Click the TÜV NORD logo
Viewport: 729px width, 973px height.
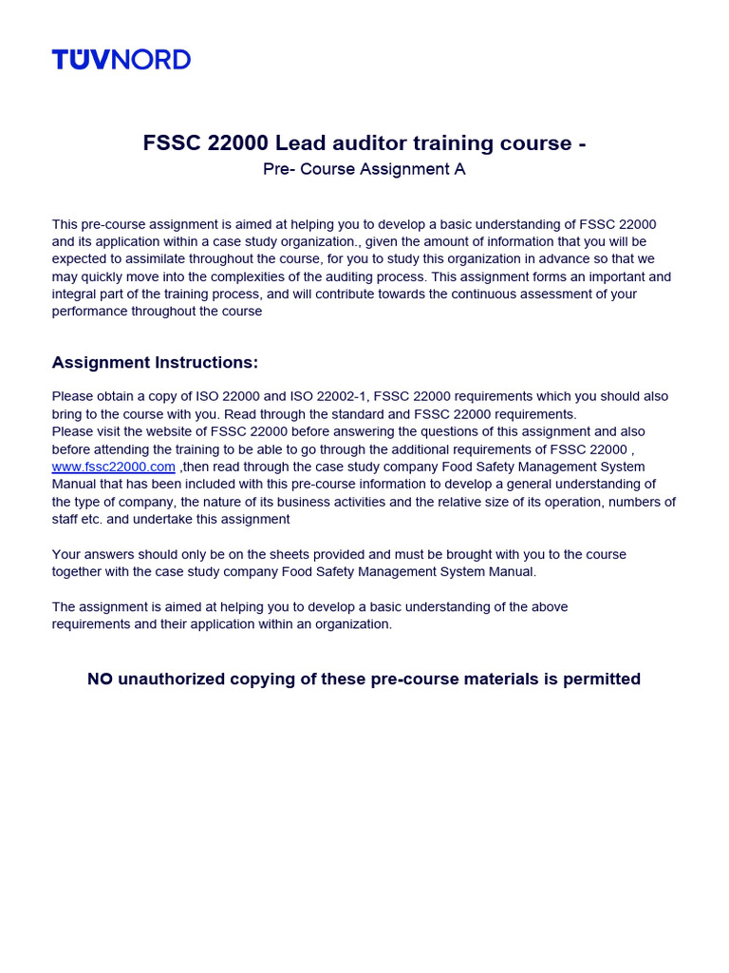click(x=121, y=60)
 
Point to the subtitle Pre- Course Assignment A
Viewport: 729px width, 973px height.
click(x=364, y=170)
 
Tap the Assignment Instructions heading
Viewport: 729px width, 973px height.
click(x=155, y=363)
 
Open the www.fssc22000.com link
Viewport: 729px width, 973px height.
click(x=114, y=467)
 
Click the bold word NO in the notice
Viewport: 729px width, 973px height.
click(x=100, y=679)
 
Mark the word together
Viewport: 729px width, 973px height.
click(x=82, y=572)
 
